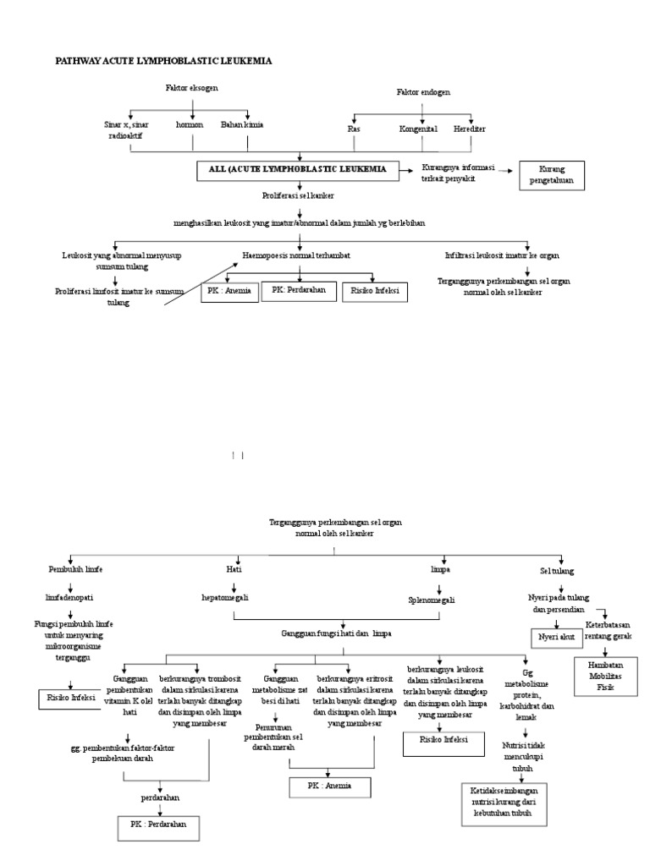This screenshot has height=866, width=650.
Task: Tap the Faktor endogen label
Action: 423,91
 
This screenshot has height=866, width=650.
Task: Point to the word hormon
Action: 190,124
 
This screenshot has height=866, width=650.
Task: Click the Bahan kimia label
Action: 242,124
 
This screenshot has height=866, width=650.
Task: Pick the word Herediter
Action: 470,129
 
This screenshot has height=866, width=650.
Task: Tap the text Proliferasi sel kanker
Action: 298,195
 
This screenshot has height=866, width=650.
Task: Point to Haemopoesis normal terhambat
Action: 296,254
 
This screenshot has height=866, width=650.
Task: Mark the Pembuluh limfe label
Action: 75,570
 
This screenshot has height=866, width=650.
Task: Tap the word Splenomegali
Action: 432,600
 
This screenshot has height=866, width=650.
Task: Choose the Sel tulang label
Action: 558,571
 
